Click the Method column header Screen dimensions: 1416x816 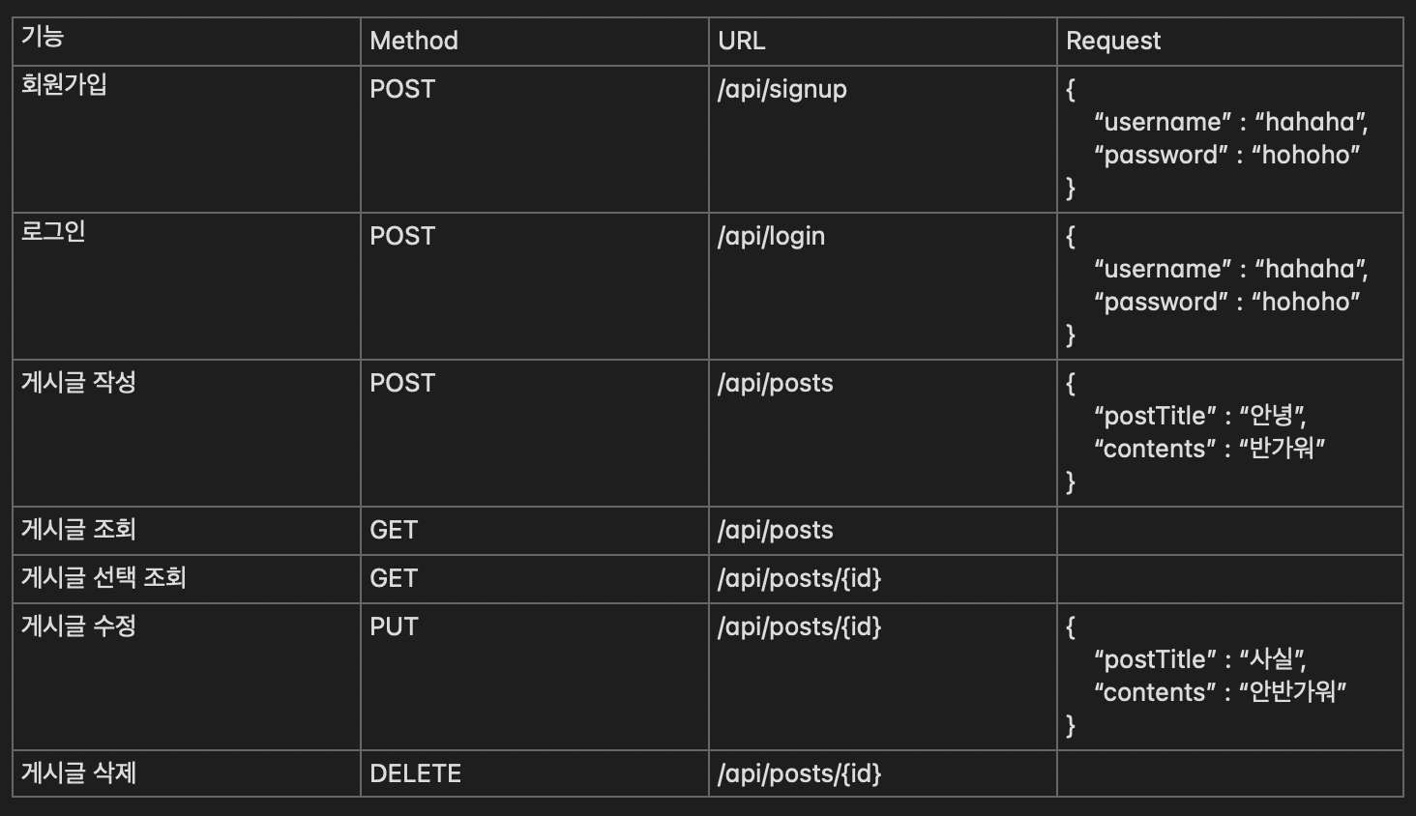[x=414, y=41]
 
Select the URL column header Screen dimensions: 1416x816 [x=741, y=41]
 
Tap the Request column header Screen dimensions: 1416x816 [x=1112, y=41]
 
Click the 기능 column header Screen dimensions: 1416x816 [x=43, y=37]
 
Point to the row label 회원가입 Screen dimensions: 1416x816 [x=64, y=85]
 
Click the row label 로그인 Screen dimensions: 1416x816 [x=53, y=232]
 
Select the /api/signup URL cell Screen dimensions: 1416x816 [x=782, y=89]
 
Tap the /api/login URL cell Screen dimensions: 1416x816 [x=771, y=236]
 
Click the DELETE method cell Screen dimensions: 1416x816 [x=415, y=773]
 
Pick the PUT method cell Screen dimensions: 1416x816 [x=394, y=627]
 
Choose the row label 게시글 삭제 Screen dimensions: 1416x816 [x=78, y=772]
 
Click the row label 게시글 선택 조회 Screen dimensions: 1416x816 [x=103, y=578]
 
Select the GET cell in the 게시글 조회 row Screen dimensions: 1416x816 [x=394, y=530]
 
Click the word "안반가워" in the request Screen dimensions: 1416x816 [x=1292, y=691]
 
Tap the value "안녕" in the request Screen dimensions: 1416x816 [x=1271, y=415]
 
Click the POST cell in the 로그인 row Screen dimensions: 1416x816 [x=402, y=236]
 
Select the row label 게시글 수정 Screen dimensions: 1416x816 [x=78, y=626]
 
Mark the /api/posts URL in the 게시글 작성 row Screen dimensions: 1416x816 [x=775, y=383]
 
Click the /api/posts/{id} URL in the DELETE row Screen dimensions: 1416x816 [x=799, y=773]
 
